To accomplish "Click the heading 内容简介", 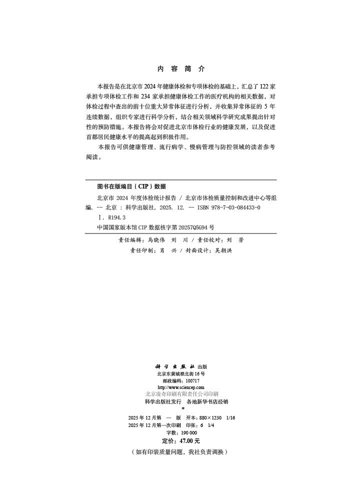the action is point(180,69).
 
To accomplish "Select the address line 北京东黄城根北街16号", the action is point(180,373).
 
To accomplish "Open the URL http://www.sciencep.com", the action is point(180,387).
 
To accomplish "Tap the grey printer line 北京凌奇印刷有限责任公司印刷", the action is point(181,394).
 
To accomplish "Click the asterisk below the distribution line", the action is point(183,408).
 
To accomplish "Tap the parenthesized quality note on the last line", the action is point(180,451).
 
